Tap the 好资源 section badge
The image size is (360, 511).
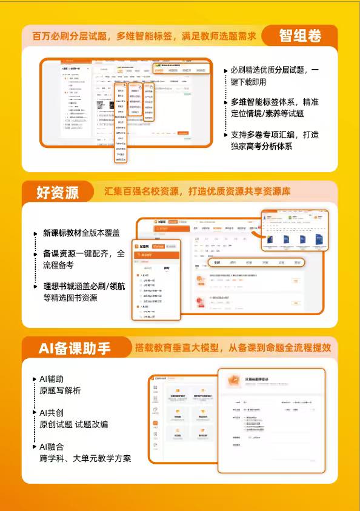coord(58,192)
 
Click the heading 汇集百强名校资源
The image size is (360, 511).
coord(197,192)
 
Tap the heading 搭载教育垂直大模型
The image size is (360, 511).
coord(233,348)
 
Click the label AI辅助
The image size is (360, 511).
coord(52,379)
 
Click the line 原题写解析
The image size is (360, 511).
coord(60,391)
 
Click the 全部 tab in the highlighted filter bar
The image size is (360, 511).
coord(217,262)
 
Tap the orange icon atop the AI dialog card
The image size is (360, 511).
coord(232,379)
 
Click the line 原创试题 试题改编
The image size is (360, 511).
coord(74,424)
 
